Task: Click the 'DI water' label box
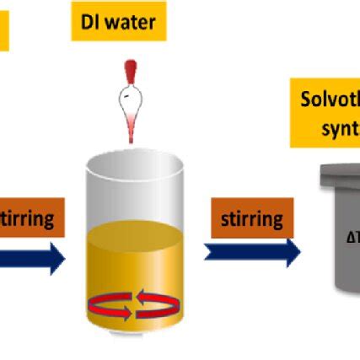tap(118, 21)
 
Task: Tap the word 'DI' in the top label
tap(90, 21)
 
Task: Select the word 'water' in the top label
tap(130, 21)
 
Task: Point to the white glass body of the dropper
tap(128, 102)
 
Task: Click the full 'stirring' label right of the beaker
tap(252, 219)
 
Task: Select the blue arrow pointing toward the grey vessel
tap(252, 251)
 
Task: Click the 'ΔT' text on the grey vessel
tap(352, 238)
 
